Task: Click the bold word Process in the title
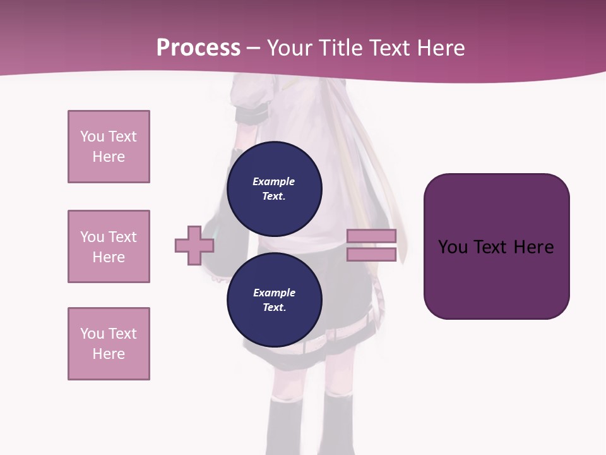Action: (198, 48)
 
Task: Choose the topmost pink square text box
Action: (109, 147)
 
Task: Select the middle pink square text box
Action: (109, 246)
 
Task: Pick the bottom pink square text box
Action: (109, 344)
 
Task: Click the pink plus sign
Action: (194, 245)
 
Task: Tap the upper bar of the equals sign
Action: (371, 236)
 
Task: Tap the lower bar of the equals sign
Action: (371, 255)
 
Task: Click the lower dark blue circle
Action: (274, 300)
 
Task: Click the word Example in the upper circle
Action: (273, 181)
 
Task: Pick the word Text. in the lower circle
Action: (274, 308)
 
